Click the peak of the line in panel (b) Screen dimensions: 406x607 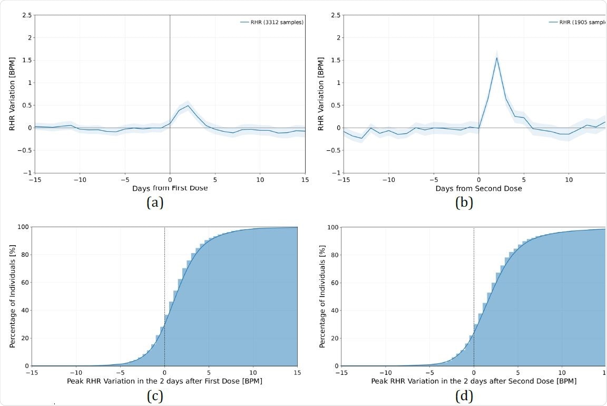(496, 58)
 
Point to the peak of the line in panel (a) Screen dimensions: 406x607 (188, 105)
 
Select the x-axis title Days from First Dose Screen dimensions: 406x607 (170, 188)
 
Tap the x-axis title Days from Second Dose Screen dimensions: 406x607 (478, 188)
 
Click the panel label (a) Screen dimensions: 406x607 (155, 202)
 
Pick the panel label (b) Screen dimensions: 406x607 (464, 202)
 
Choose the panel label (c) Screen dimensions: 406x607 (155, 396)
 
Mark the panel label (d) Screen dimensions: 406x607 (464, 396)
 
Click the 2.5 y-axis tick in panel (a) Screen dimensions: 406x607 (26, 15)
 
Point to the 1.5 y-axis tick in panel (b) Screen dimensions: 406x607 (335, 60)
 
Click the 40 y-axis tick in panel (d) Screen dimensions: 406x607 (333, 311)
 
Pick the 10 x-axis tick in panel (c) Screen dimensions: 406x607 (253, 373)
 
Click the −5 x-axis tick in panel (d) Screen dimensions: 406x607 (429, 373)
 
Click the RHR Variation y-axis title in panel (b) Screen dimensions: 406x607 (321, 93)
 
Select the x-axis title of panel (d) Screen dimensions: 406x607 (474, 381)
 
